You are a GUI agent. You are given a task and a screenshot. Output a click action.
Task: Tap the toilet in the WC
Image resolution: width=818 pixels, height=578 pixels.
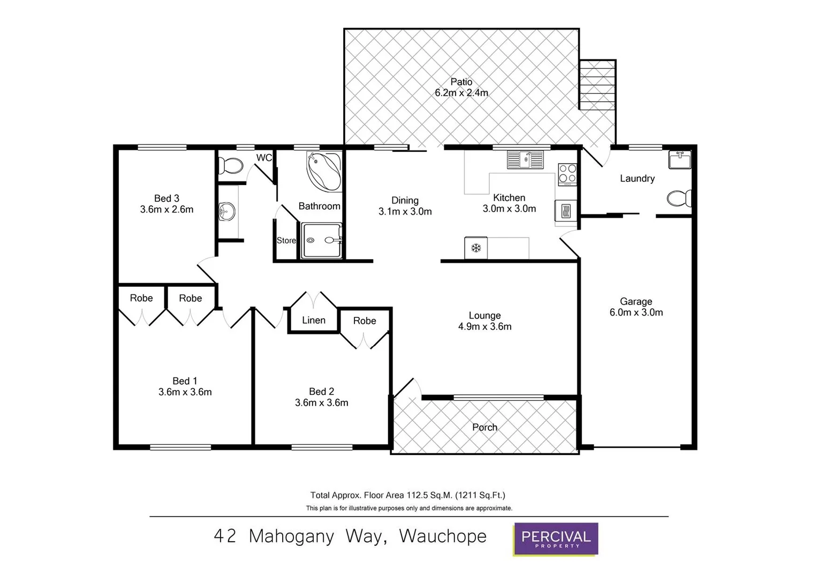[231, 165]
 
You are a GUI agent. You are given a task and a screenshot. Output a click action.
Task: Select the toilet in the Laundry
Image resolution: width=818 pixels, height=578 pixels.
[679, 199]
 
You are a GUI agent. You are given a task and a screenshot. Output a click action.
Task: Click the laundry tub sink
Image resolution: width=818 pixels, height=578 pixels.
[680, 159]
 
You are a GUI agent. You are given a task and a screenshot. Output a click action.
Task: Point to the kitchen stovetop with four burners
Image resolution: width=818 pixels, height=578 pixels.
[567, 173]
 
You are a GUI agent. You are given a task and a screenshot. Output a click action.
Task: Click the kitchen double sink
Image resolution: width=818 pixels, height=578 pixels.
[525, 159]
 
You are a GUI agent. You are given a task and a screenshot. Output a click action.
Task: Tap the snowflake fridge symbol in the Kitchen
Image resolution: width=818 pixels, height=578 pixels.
[475, 248]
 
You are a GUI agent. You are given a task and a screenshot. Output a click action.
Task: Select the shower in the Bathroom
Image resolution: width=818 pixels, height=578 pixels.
[322, 241]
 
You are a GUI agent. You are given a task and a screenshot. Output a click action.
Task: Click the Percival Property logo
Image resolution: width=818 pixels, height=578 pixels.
[556, 538]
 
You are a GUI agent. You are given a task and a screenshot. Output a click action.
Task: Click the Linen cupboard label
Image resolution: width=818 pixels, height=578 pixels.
[314, 320]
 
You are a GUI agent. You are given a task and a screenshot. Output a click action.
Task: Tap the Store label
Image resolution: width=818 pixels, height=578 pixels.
[286, 241]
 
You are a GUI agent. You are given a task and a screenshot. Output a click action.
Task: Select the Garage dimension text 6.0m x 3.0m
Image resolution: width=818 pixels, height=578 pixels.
[636, 313]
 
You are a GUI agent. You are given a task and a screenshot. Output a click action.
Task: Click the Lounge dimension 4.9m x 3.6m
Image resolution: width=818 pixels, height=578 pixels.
[484, 326]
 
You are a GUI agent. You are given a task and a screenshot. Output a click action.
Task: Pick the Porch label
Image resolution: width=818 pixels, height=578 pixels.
[484, 427]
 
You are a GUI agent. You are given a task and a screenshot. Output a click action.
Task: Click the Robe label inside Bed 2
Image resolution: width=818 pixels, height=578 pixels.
[365, 321]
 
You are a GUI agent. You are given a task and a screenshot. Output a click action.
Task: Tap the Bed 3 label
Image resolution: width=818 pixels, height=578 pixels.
[166, 199]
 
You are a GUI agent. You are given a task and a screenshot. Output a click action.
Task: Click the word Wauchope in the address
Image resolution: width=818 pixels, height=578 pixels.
[443, 536]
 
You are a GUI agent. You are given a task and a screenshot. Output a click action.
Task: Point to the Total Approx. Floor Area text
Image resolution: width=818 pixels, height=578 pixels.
[408, 495]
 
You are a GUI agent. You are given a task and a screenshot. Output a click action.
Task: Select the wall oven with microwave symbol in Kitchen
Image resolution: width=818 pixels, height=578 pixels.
[565, 211]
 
